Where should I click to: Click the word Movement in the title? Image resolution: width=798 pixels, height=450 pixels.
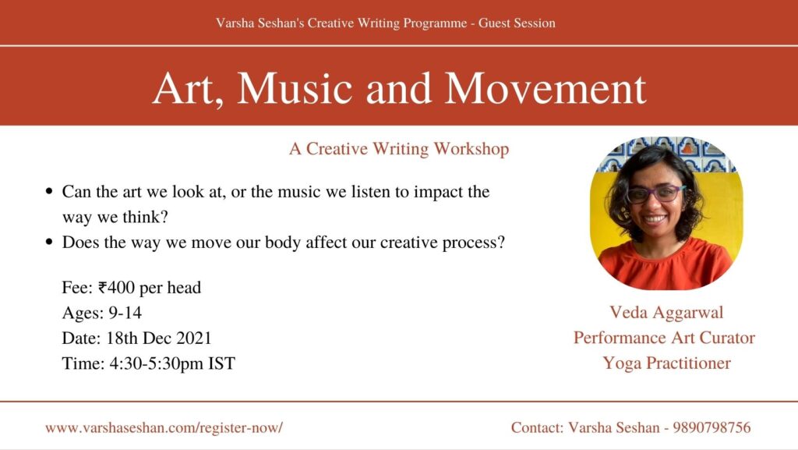546,89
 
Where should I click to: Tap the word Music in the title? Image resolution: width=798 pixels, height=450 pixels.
295,89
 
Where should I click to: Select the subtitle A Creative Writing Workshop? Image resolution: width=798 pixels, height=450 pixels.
399,149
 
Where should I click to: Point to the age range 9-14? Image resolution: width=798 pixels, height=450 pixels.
125,313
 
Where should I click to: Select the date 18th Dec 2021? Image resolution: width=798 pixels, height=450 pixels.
158,338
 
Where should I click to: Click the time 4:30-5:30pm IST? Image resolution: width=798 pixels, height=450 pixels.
172,363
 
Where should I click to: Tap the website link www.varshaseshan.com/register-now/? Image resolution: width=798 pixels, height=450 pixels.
164,427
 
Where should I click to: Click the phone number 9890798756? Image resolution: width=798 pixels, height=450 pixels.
711,427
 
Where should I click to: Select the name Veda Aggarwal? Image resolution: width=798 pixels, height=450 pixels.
666,312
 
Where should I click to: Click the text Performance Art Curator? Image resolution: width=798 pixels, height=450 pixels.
664,338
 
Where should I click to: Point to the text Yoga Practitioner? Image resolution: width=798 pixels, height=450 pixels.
667,363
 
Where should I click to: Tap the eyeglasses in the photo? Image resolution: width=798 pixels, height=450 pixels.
656,194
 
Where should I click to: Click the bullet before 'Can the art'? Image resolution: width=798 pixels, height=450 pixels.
49,192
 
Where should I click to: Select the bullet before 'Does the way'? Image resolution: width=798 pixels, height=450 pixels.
49,242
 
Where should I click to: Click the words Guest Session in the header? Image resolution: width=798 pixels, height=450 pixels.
517,23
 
